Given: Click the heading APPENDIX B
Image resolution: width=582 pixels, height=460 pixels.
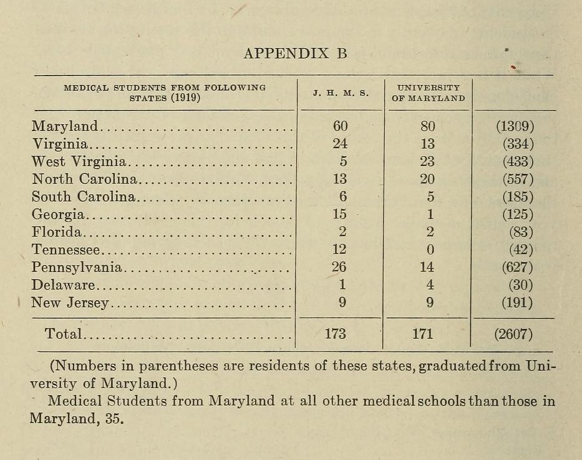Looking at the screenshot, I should pyautogui.click(x=295, y=53).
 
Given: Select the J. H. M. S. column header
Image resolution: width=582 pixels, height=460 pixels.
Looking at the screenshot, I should pyautogui.click(x=341, y=94).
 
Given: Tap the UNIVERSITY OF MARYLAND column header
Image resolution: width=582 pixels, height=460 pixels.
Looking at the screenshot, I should pyautogui.click(x=428, y=94).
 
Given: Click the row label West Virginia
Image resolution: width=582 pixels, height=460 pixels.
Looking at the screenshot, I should pyautogui.click(x=79, y=162).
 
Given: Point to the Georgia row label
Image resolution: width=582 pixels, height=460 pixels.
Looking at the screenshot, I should pyautogui.click(x=58, y=215).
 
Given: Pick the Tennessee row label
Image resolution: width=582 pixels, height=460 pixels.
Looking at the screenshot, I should pyautogui.click(x=65, y=250).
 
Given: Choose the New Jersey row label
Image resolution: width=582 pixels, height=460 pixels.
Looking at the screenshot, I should pyautogui.click(x=70, y=303).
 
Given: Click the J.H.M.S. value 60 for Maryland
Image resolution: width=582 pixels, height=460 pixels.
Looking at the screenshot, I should pyautogui.click(x=340, y=126).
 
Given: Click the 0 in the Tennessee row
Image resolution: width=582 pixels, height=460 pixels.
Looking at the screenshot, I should pyautogui.click(x=429, y=250).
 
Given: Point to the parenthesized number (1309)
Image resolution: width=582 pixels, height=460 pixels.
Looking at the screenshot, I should pyautogui.click(x=515, y=126).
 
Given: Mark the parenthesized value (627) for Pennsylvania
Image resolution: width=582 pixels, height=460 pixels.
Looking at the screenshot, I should pyautogui.click(x=518, y=268).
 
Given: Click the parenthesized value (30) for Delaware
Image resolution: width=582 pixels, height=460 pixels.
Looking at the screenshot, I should pyautogui.click(x=521, y=285).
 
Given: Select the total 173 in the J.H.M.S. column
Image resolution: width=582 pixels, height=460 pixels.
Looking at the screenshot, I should pyautogui.click(x=336, y=334).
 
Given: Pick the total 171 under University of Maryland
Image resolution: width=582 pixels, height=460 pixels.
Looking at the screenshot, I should pyautogui.click(x=422, y=334).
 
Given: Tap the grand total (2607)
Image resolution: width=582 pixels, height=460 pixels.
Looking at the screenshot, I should pyautogui.click(x=513, y=334).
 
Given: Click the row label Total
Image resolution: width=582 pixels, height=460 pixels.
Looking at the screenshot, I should pyautogui.click(x=63, y=334).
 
